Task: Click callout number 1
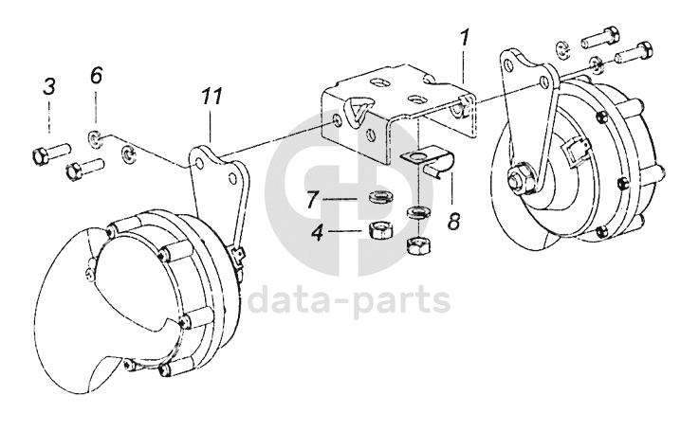[x=465, y=40]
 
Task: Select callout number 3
[x=49, y=87]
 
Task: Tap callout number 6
[x=96, y=77]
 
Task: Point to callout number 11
[x=212, y=97]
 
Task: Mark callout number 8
[x=453, y=223]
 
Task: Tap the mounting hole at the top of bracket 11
[x=201, y=162]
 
